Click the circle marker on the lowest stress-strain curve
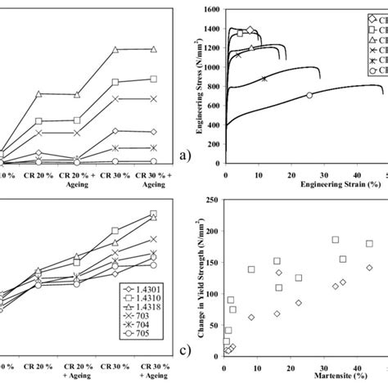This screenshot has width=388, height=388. pyautogui.click(x=309, y=95)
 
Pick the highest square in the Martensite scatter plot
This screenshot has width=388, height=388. pyautogui.click(x=336, y=240)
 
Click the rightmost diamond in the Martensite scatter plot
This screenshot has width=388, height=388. pyautogui.click(x=369, y=268)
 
